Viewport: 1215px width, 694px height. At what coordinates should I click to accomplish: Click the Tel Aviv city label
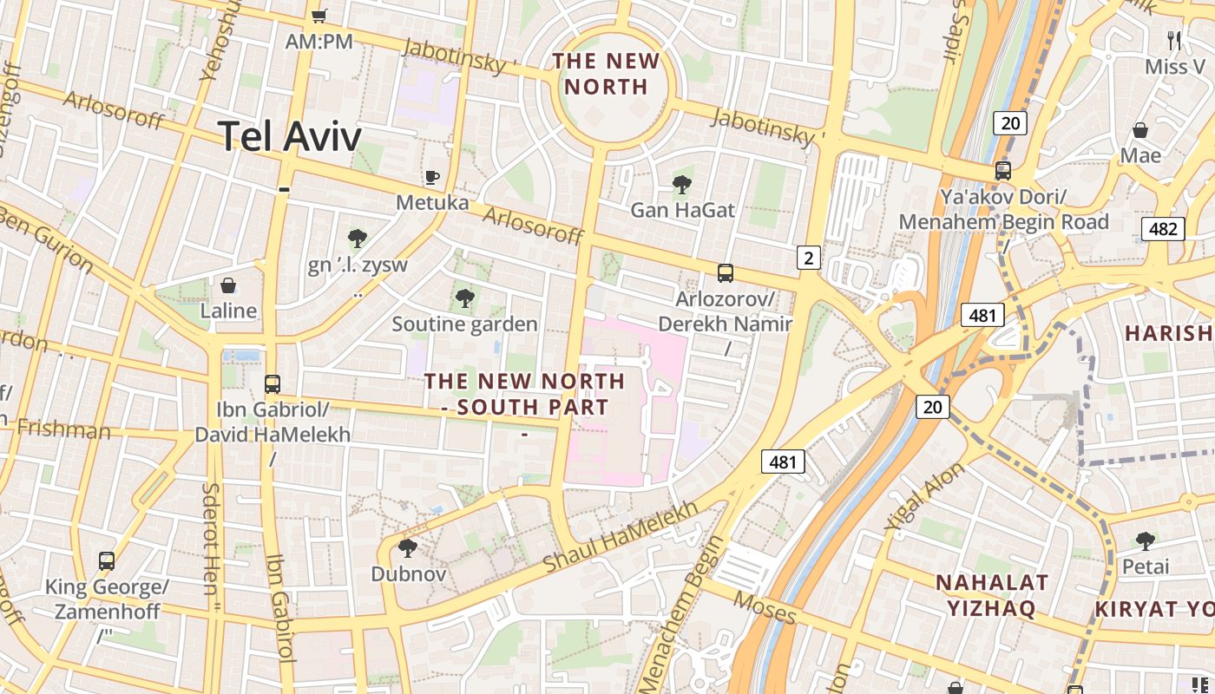(x=289, y=136)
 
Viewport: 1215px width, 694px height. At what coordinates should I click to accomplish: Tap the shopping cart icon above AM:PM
(x=319, y=16)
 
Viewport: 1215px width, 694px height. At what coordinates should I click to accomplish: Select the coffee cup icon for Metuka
(x=432, y=178)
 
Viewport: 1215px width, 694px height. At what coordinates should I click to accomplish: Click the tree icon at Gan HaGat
(x=682, y=184)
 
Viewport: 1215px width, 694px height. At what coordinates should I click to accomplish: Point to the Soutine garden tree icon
(x=465, y=299)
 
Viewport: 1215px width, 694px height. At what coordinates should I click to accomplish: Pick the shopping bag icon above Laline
(x=228, y=285)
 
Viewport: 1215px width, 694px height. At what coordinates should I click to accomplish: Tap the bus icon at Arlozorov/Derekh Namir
(x=726, y=273)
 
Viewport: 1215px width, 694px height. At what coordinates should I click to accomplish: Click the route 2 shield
(x=809, y=257)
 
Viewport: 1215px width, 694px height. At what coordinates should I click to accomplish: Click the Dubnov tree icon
(x=407, y=548)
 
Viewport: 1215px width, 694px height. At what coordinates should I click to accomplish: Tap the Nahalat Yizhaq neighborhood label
(x=992, y=594)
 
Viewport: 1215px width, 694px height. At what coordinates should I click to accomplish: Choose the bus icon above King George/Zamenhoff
(x=107, y=561)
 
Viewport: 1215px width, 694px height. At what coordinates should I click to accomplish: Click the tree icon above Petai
(x=1146, y=541)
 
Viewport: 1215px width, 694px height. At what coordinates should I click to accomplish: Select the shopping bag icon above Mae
(x=1140, y=130)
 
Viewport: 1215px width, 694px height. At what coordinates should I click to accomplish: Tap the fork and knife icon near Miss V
(x=1174, y=40)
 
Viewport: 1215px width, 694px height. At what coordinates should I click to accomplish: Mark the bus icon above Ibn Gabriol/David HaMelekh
(x=273, y=383)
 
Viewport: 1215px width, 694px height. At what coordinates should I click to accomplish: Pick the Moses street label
(x=764, y=607)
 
